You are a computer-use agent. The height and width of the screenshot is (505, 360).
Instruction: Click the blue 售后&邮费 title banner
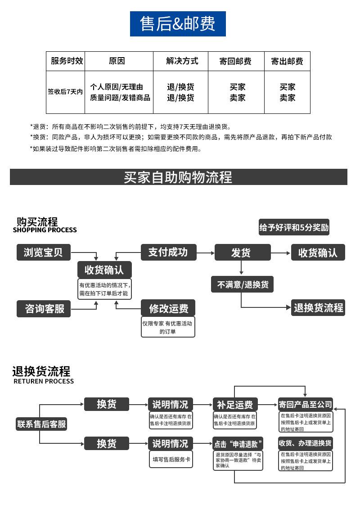[178, 24]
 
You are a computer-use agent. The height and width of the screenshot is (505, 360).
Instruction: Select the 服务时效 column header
[66, 61]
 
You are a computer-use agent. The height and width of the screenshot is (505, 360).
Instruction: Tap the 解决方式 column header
[180, 61]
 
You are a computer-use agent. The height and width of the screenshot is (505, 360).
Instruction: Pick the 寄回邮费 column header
[236, 61]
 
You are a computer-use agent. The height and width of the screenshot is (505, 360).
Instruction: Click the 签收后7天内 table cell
[66, 92]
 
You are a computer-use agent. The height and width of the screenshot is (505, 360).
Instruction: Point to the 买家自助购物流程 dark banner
[179, 177]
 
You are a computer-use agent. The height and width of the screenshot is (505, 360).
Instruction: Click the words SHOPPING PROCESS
[45, 230]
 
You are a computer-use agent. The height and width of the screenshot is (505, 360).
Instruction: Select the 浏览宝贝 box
[43, 252]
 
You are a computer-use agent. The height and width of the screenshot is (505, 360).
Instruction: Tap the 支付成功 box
[168, 252]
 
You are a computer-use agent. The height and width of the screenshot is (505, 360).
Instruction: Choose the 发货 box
[243, 252]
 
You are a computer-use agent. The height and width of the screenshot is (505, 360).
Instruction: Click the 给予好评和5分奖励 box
[294, 228]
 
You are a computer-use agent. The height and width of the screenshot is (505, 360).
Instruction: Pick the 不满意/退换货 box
[243, 284]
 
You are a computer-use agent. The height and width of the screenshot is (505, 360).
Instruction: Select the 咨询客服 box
[44, 309]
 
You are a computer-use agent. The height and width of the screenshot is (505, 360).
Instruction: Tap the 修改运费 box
[168, 309]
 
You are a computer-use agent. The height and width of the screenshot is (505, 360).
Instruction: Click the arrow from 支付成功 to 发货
[205, 253]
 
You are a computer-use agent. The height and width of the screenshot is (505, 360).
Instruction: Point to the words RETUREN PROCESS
[44, 381]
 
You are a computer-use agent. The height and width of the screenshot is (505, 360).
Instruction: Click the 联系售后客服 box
[41, 424]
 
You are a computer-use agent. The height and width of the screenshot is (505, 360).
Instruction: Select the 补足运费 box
[235, 404]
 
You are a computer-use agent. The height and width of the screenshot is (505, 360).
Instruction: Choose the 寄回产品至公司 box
[306, 404]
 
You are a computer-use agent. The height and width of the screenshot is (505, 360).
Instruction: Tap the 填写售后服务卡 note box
[171, 460]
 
